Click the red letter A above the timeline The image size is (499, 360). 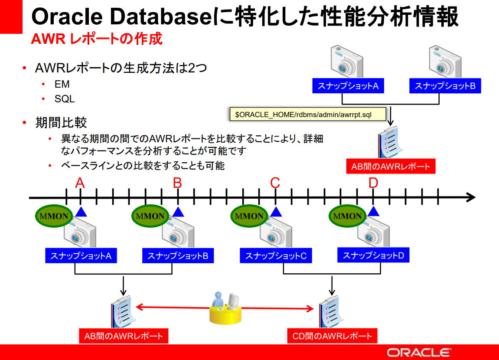point(80,183)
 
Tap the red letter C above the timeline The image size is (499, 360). point(275,183)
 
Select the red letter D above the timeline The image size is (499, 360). point(373,183)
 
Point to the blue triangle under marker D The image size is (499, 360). point(373,211)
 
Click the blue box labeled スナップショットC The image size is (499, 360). point(276,256)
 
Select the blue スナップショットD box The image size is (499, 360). point(373,255)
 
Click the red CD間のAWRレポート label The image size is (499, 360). point(332,336)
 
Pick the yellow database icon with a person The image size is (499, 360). point(225,308)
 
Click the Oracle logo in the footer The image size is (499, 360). point(419,352)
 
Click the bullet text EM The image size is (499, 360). point(62,85)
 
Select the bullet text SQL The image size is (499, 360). point(65,99)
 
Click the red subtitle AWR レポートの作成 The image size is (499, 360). point(97,39)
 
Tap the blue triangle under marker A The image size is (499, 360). point(81,212)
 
